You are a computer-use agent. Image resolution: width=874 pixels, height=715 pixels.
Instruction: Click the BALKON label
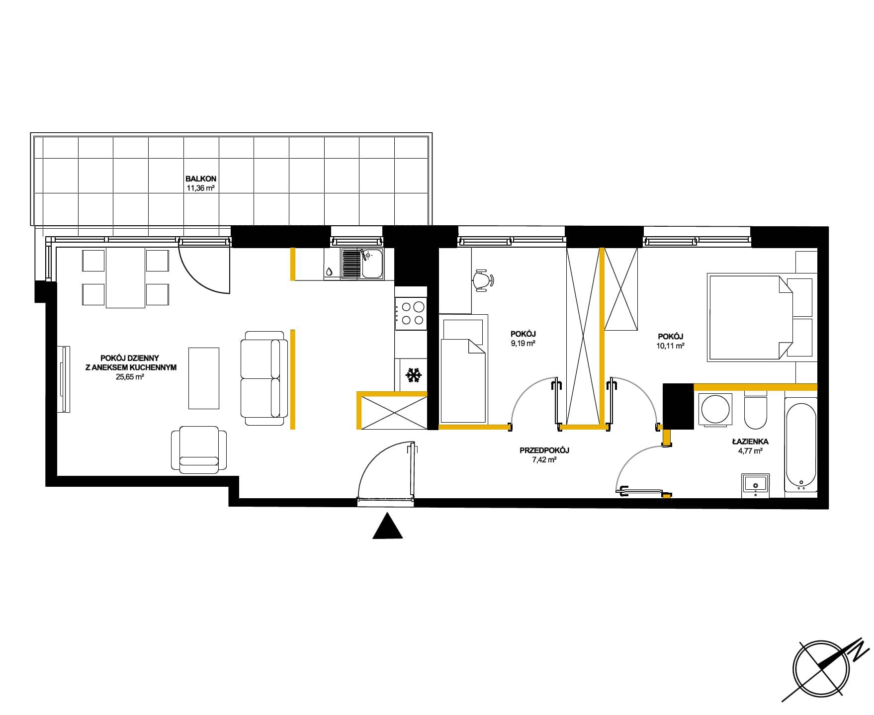coord(201,179)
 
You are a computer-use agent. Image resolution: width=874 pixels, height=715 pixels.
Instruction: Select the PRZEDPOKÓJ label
coord(544,450)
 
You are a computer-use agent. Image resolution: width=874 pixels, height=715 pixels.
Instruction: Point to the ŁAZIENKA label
coord(750,441)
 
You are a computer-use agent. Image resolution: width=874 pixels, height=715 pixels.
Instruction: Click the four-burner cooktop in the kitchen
coord(411,313)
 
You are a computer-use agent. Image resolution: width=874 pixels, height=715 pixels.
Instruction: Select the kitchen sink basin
coord(371,264)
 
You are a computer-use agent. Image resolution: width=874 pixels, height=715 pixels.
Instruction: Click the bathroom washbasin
coord(756,485)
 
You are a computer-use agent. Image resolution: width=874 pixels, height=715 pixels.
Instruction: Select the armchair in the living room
coord(199,449)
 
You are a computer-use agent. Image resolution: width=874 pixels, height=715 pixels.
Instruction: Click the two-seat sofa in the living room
coord(264,378)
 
